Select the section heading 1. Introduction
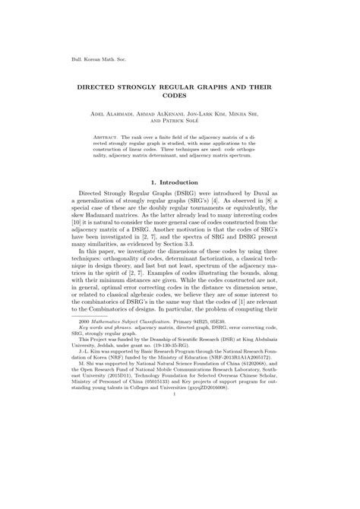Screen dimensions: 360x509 (180, 183)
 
